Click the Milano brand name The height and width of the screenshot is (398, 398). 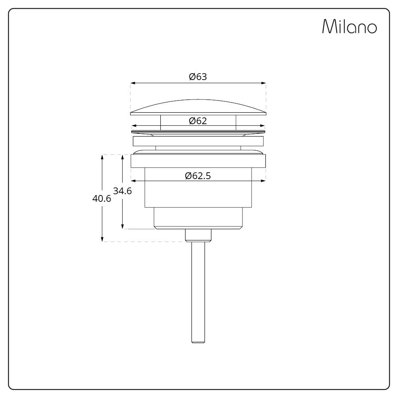coord(349,26)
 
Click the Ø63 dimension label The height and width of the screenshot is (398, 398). coord(198,77)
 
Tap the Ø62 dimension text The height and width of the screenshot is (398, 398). coord(198,121)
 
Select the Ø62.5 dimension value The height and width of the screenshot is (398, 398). coord(198,176)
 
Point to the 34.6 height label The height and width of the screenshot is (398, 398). coord(122,191)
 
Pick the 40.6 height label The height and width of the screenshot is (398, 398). coord(101,199)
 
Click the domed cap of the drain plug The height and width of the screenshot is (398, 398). coord(198,107)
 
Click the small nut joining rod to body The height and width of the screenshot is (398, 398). coord(198,235)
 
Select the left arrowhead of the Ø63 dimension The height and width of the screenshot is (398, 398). coord(133,83)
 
